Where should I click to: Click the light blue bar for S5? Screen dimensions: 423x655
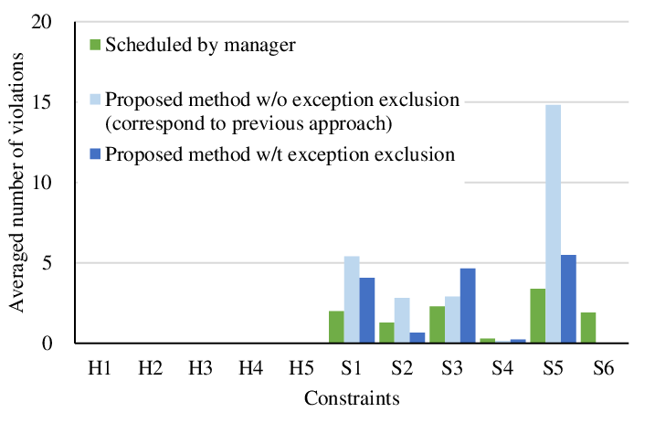[x=554, y=224]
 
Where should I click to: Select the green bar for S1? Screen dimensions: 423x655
[x=335, y=327]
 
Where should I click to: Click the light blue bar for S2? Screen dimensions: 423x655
[x=403, y=321]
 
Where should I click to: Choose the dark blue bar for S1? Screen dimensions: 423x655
[x=367, y=311]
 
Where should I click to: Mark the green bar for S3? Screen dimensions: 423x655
[x=437, y=324]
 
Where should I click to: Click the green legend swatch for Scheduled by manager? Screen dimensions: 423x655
[x=95, y=43]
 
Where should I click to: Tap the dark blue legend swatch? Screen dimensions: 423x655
[x=95, y=154]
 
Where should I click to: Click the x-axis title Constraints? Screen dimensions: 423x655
[x=352, y=399]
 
